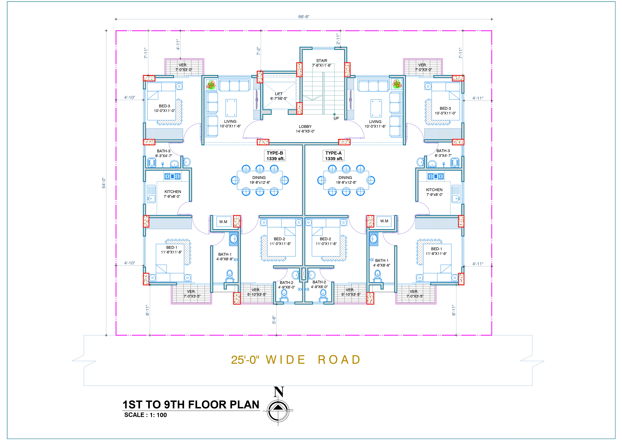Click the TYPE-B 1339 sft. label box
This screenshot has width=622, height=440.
click(x=275, y=156)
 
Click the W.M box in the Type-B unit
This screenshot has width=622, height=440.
click(x=223, y=222)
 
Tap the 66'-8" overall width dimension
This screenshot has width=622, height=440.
click(x=304, y=17)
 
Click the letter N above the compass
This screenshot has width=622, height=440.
click(x=279, y=392)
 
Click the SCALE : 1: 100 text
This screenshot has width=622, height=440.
click(x=146, y=415)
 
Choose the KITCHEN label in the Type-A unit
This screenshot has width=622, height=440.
click(x=434, y=190)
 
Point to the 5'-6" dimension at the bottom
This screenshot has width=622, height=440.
click(x=274, y=320)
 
